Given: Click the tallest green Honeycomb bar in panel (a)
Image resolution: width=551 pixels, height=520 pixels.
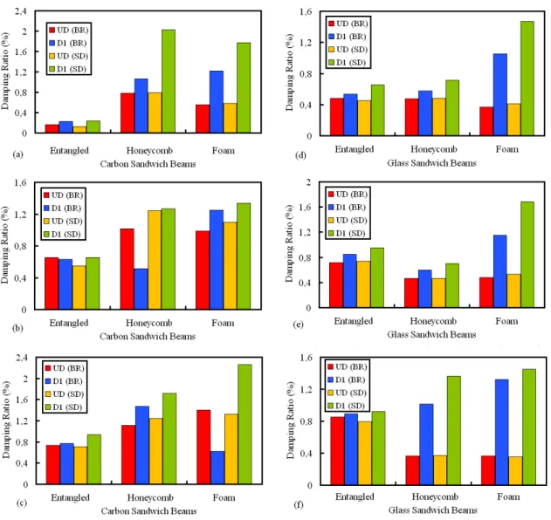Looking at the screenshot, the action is (169, 81).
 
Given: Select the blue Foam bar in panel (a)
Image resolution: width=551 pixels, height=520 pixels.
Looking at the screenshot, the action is (217, 102).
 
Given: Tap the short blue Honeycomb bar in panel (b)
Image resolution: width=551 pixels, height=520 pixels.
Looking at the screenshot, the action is (141, 289).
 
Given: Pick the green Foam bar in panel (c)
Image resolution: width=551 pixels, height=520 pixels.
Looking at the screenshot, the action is (245, 424).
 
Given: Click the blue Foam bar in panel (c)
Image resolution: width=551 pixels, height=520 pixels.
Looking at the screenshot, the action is (217, 468).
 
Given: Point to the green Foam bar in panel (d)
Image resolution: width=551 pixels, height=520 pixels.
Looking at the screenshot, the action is (527, 79).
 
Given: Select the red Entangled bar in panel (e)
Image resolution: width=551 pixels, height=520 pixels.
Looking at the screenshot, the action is (336, 285).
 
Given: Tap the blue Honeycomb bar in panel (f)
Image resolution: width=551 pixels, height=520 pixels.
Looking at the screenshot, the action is (426, 444).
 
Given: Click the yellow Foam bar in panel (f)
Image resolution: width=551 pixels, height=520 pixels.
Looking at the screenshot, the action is (515, 471).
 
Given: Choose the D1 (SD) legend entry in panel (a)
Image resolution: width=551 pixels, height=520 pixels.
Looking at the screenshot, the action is (68, 69).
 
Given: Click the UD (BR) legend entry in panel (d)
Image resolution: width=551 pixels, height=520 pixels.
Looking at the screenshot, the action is (348, 24).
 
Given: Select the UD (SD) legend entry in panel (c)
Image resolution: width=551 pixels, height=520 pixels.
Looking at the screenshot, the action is (65, 394).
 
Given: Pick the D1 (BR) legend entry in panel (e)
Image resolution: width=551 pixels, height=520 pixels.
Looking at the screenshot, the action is (347, 208).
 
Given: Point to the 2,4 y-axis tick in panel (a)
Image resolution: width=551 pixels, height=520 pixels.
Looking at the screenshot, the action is (21, 11).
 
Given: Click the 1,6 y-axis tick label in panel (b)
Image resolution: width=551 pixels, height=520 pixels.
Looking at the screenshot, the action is (20, 182).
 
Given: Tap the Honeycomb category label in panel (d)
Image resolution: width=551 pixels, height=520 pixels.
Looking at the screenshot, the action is (434, 149).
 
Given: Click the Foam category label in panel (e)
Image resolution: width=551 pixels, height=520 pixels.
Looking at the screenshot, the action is (506, 321).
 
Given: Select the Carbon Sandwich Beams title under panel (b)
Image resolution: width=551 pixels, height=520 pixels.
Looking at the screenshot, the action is (148, 337).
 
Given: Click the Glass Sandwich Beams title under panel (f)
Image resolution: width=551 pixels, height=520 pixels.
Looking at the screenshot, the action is (433, 510).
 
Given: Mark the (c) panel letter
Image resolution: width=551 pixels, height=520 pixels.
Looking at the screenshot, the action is (22, 503).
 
